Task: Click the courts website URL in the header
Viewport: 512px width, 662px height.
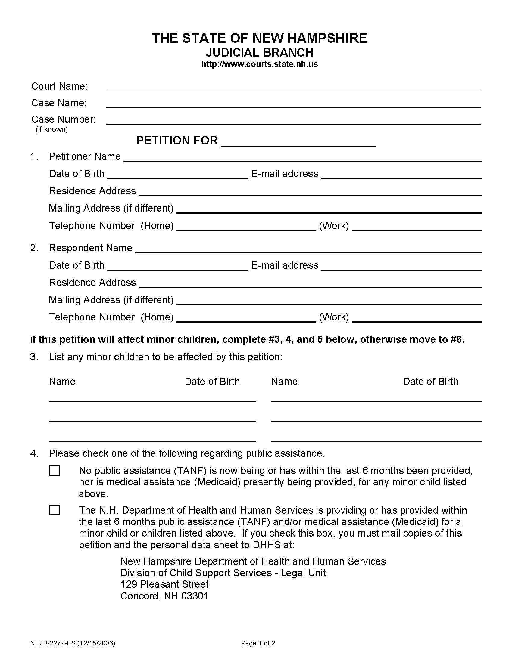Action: tap(259, 64)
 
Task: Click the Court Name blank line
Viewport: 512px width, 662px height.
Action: tap(293, 87)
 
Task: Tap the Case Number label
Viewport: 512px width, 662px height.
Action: tap(63, 119)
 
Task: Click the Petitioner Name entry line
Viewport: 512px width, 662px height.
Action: tap(302, 157)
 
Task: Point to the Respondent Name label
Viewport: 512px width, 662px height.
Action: tap(90, 248)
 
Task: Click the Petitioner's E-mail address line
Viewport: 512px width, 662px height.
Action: tap(401, 175)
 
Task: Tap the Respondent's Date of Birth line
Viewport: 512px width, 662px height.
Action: tap(178, 266)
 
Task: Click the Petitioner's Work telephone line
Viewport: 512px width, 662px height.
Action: tap(417, 227)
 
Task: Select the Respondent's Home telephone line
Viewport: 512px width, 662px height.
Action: tap(246, 318)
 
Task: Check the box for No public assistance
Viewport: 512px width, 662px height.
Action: tap(55, 471)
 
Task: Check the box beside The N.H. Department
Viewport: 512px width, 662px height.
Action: tap(55, 510)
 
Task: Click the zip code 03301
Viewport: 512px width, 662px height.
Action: tap(195, 596)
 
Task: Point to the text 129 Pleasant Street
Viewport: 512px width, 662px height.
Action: tap(164, 584)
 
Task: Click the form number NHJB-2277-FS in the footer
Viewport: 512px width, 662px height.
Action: tap(53, 643)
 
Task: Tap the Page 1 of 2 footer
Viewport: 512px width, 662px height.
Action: tap(258, 643)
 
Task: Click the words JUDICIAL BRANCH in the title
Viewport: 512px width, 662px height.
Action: tap(259, 53)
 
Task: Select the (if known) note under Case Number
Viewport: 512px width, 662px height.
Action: tap(52, 129)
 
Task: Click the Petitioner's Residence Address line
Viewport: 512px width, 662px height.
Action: tap(310, 192)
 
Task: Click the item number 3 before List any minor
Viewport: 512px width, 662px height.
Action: tap(34, 357)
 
